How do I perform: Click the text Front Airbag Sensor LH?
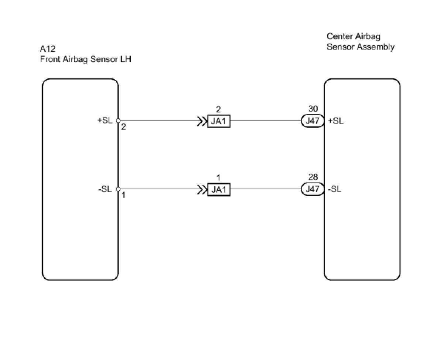(85, 59)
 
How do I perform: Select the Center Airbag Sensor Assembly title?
(360, 42)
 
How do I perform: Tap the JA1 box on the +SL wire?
(219, 121)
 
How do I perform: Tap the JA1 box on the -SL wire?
(219, 190)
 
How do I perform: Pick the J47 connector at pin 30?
(313, 121)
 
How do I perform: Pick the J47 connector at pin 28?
(313, 189)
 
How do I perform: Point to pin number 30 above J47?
(313, 109)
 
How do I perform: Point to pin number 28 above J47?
(313, 177)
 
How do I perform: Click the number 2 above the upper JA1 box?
(218, 109)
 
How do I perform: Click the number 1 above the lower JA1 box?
(218, 178)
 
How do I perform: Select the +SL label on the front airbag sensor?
(105, 120)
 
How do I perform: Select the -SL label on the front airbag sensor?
(105, 189)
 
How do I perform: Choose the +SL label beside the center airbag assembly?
(335, 121)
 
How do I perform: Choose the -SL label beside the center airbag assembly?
(334, 189)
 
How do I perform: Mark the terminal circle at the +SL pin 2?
(118, 120)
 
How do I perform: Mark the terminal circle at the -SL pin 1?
(118, 189)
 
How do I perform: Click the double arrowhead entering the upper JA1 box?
(202, 121)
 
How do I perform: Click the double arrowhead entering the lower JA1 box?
(202, 190)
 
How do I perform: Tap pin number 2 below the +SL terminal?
(123, 127)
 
